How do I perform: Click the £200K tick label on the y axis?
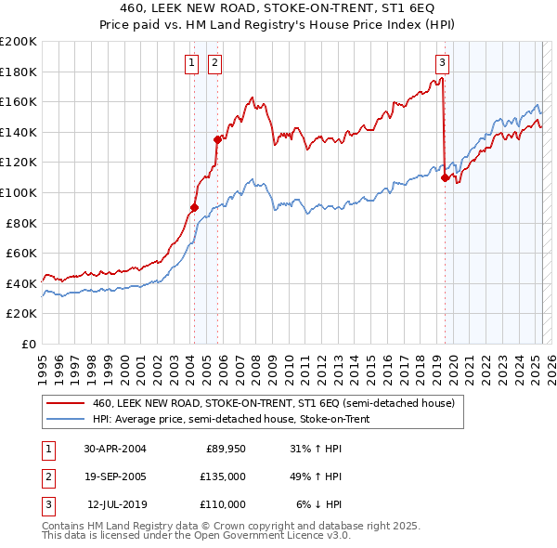pyautogui.click(x=19, y=42)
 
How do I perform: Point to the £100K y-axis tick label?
pyautogui.click(x=19, y=193)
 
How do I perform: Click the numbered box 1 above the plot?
pyautogui.click(x=191, y=63)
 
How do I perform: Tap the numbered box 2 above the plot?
pyautogui.click(x=214, y=63)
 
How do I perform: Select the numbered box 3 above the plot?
pyautogui.click(x=443, y=63)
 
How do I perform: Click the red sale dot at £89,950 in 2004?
pyautogui.click(x=194, y=208)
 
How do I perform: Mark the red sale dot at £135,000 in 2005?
pyautogui.click(x=217, y=140)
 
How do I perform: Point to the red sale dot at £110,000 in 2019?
pyautogui.click(x=445, y=177)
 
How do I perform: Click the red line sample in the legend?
pyautogui.click(x=65, y=404)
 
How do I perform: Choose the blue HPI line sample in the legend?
pyautogui.click(x=65, y=419)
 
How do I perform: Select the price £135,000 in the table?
pyautogui.click(x=225, y=477)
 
